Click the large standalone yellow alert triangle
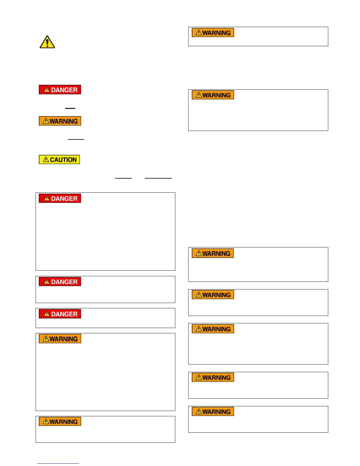coord(47,42)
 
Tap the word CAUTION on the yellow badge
coord(63,160)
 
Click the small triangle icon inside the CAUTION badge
coord(46,159)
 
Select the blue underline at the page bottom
coord(58,463)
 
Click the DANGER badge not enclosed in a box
coord(60,90)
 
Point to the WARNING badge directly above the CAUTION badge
coord(60,121)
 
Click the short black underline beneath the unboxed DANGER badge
coord(70,108)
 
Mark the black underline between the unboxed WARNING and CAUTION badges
coord(76,139)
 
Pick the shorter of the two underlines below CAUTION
coord(124,178)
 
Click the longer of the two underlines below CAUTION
coord(159,178)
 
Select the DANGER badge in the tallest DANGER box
coord(60,199)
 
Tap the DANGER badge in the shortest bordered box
coord(60,314)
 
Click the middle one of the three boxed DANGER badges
coord(60,282)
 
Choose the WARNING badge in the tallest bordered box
coord(60,339)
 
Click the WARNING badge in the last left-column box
coord(60,422)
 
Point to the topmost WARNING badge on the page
coord(213,33)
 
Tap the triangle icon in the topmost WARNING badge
coord(199,33)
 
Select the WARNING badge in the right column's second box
coord(213,95)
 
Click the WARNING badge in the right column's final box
coord(213,412)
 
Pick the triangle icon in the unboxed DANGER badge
coord(47,90)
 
